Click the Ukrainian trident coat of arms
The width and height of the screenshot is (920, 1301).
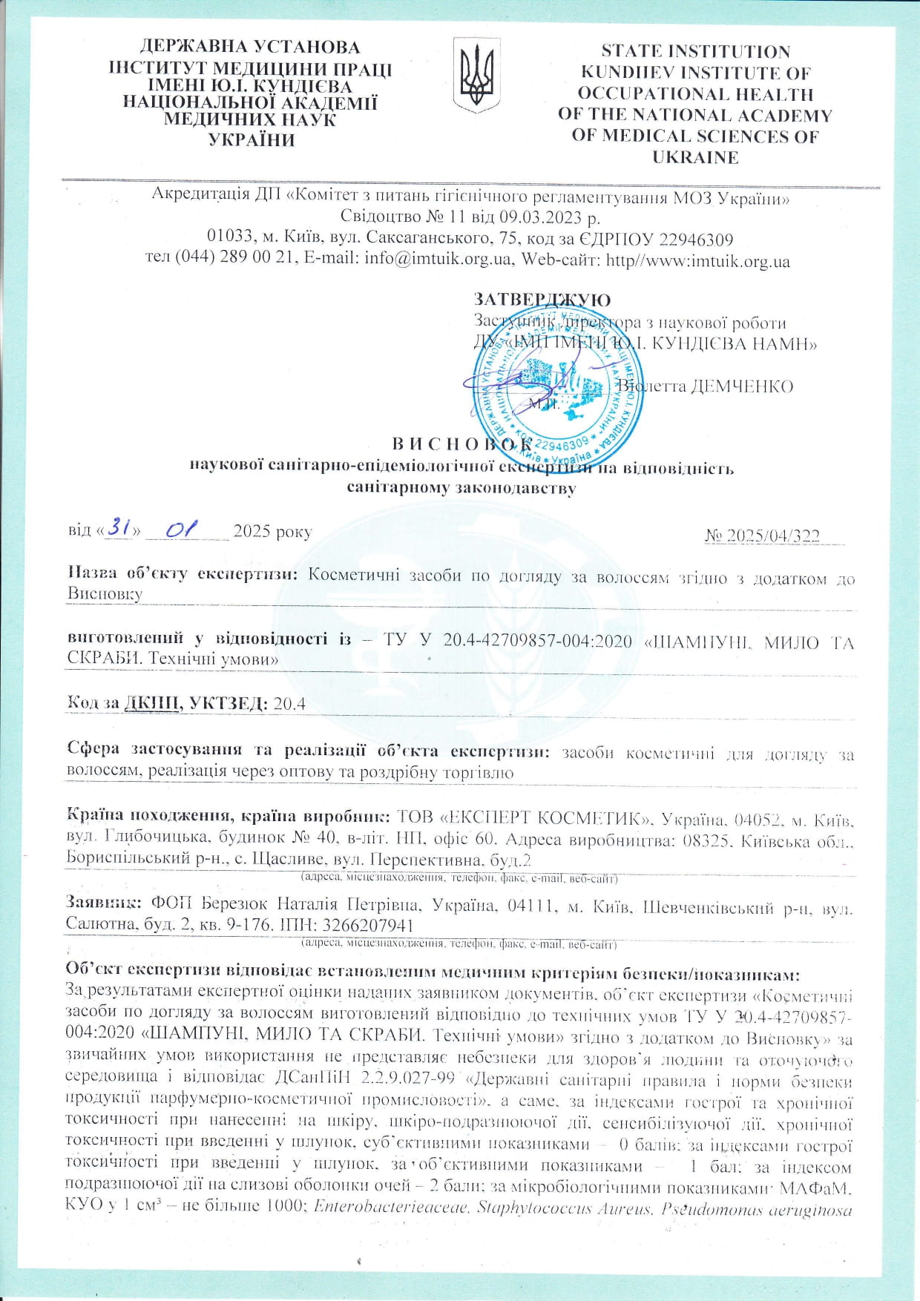pyautogui.click(x=476, y=76)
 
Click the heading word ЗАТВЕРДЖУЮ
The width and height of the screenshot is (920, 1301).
pyautogui.click(x=542, y=300)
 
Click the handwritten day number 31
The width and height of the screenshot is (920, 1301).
pyautogui.click(x=119, y=528)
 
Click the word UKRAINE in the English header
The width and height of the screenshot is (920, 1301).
pyautogui.click(x=695, y=157)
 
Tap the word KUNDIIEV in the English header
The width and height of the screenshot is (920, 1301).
pyautogui.click(x=635, y=73)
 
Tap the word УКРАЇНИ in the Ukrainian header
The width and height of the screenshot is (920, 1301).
pyautogui.click(x=252, y=140)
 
